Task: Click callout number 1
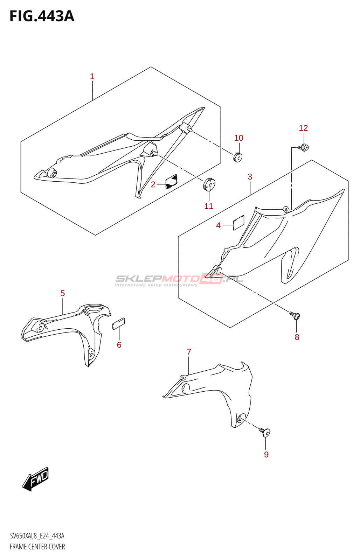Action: [92, 76]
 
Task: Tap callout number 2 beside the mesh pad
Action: [153, 184]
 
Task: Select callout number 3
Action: [250, 177]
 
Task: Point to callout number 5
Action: [63, 293]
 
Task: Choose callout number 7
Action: [189, 352]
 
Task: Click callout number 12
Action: [303, 128]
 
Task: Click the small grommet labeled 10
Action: [238, 157]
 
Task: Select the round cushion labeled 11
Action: [209, 184]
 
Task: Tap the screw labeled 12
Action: [304, 147]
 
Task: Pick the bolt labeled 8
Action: [295, 316]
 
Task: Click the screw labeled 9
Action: [265, 432]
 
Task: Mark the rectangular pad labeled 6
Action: [118, 324]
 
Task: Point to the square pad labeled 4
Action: [238, 223]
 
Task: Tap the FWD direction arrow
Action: [35, 478]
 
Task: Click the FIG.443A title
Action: [42, 16]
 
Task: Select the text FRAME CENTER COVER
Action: [37, 547]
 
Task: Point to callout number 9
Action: [266, 454]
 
